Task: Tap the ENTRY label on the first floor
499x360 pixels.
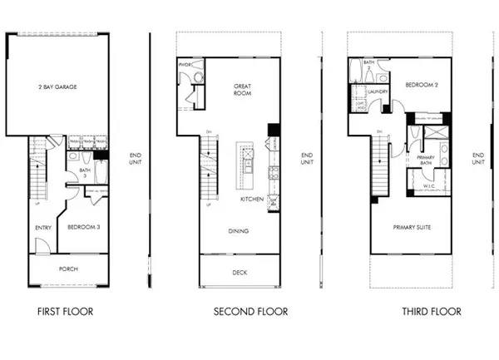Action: click(43, 227)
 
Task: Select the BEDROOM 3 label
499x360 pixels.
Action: click(84, 227)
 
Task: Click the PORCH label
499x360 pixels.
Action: click(69, 269)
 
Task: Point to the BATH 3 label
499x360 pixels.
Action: click(84, 173)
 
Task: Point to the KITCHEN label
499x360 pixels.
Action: click(253, 200)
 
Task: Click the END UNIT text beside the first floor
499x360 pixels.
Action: click(136, 158)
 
